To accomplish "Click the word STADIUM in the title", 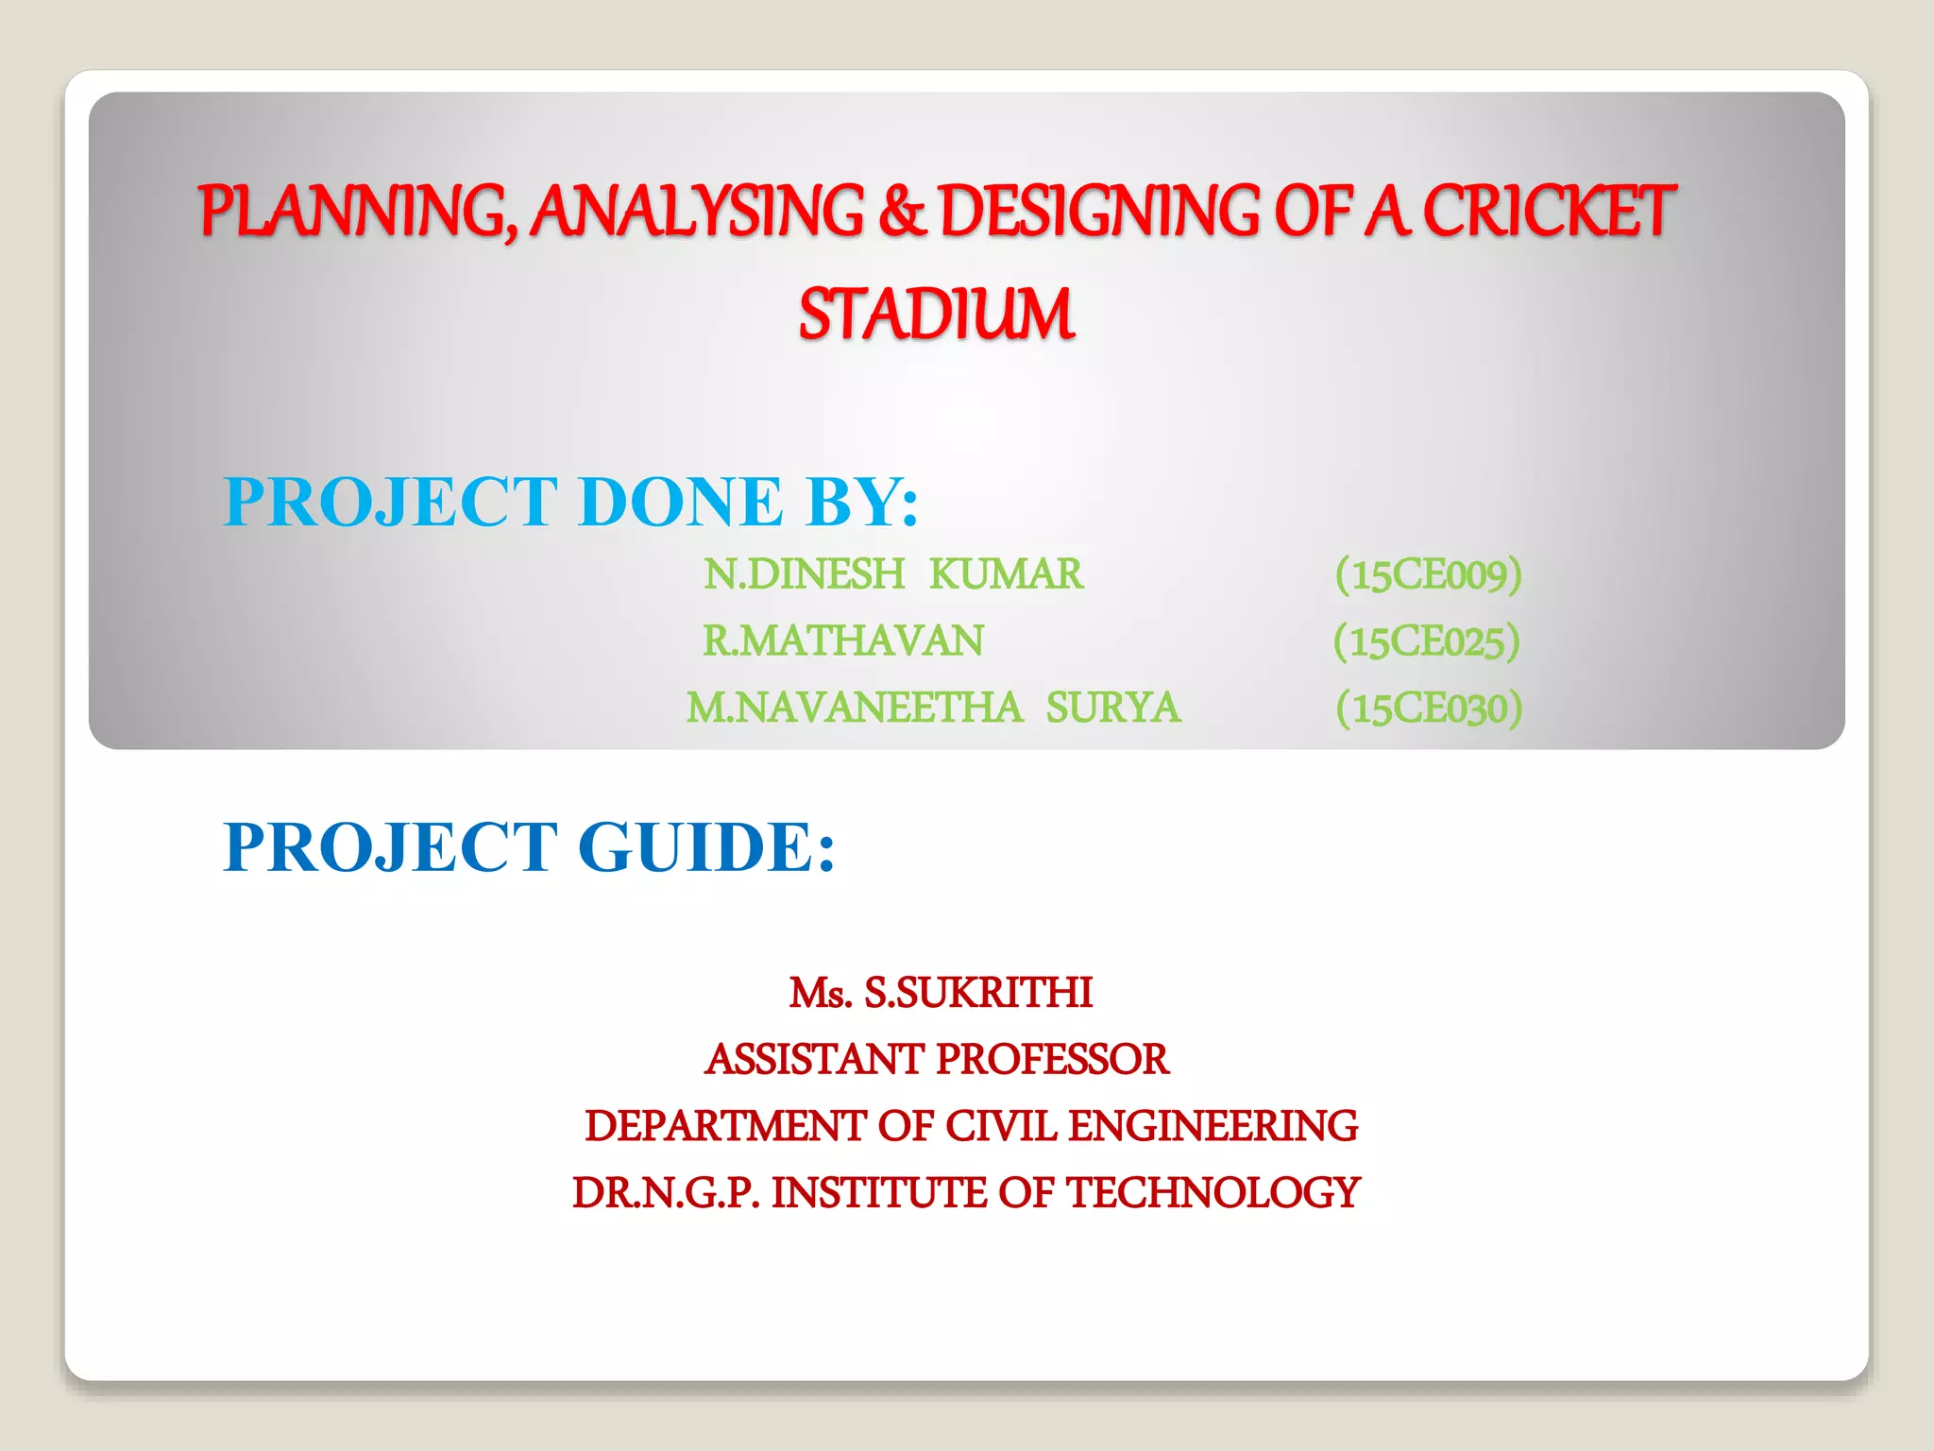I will pos(936,315).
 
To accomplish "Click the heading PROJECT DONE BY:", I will pos(570,502).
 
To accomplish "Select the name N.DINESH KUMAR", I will pos(892,574).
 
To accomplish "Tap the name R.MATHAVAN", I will pos(842,641).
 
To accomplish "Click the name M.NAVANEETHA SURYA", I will pos(932,708).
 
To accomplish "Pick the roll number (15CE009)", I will pos(1428,574).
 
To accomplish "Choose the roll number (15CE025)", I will pos(1426,641).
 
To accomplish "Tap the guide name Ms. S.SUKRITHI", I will pos(941,993).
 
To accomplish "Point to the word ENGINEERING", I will pos(1213,1126).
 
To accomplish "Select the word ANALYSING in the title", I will pos(697,211).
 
